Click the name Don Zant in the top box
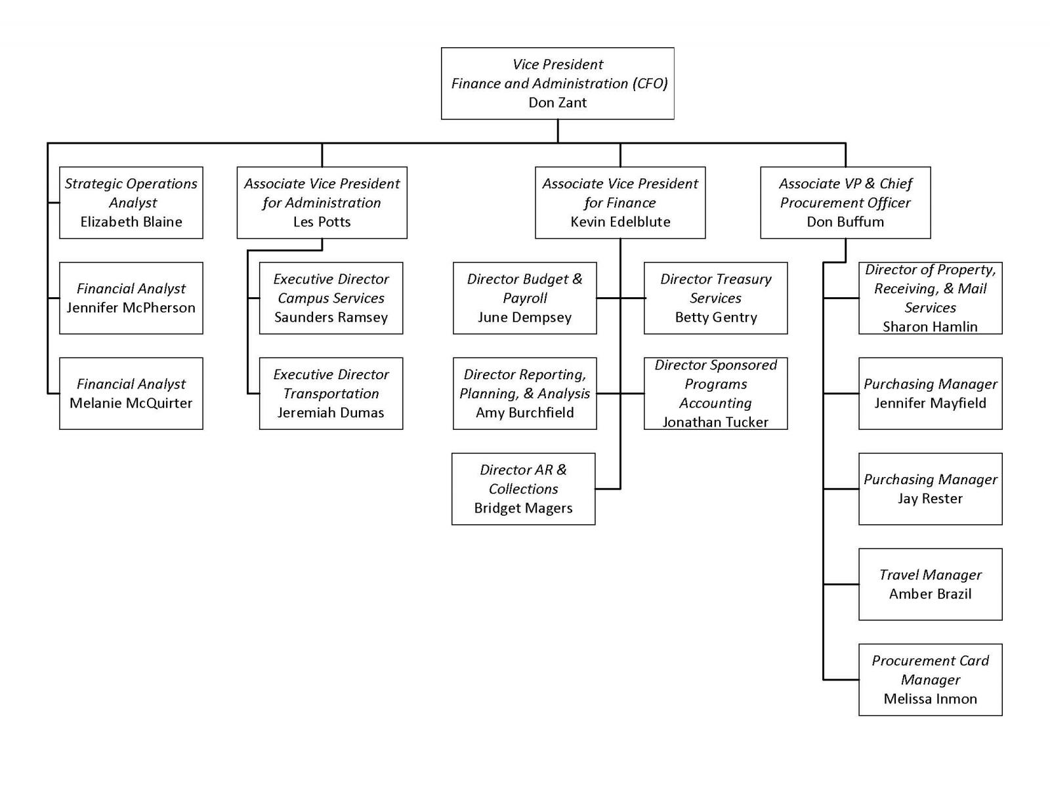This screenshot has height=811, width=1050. pyautogui.click(x=557, y=102)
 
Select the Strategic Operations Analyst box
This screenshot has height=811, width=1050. pyautogui.click(x=131, y=202)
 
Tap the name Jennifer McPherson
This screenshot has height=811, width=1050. pyautogui.click(x=131, y=308)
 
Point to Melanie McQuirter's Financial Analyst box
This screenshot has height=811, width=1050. pyautogui.click(x=131, y=393)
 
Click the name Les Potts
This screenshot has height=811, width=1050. pyautogui.click(x=322, y=222)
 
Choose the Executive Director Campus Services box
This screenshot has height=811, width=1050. pyautogui.click(x=331, y=298)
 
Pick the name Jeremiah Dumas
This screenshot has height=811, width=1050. pyautogui.click(x=331, y=413)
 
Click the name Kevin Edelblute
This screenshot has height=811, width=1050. pyautogui.click(x=620, y=222)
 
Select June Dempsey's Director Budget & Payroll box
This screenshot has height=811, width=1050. pyautogui.click(x=524, y=298)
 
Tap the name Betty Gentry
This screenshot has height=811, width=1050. pyautogui.click(x=716, y=318)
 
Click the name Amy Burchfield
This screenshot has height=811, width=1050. pyautogui.click(x=524, y=413)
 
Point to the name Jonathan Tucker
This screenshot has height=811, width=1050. pyautogui.click(x=715, y=422)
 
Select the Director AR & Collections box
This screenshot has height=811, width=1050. pyautogui.click(x=523, y=488)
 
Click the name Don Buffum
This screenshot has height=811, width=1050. pyautogui.click(x=845, y=222)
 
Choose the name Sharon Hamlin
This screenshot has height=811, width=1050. pyautogui.click(x=930, y=327)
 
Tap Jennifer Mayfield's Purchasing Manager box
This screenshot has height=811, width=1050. pyautogui.click(x=930, y=393)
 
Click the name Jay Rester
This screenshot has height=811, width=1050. pyautogui.click(x=930, y=499)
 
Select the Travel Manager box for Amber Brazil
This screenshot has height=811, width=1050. pyautogui.click(x=930, y=584)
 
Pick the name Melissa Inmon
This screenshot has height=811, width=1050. pyautogui.click(x=930, y=699)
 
